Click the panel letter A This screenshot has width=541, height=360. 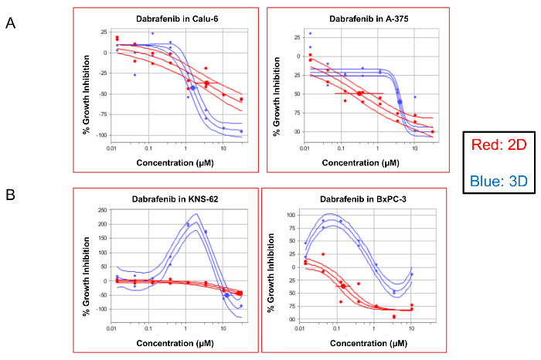(11, 23)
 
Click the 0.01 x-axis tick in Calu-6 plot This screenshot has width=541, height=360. (112, 145)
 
